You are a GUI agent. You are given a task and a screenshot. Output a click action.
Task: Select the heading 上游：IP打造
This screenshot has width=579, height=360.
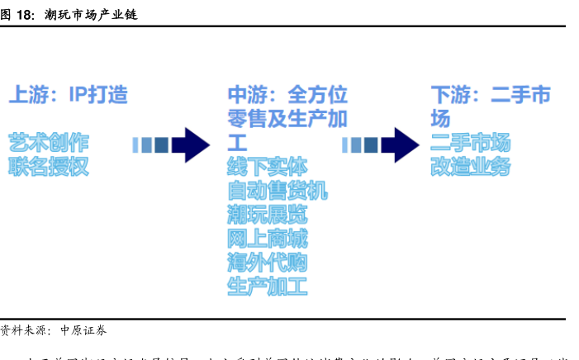[69, 94]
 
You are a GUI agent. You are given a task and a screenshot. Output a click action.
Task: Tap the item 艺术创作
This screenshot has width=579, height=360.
[48, 142]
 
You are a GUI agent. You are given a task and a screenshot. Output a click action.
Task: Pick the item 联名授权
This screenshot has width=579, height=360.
[48, 166]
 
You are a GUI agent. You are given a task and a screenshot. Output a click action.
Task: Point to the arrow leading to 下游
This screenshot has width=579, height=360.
[381, 144]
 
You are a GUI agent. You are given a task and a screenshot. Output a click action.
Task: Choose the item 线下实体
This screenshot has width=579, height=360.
[267, 166]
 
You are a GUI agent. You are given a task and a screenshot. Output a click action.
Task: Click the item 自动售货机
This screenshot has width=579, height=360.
[278, 190]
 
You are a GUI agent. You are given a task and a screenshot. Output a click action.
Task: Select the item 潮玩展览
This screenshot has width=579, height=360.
[267, 215]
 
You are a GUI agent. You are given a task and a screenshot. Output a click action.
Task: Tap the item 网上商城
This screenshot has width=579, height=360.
[267, 239]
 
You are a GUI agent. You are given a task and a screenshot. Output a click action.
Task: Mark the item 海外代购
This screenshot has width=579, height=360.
[267, 263]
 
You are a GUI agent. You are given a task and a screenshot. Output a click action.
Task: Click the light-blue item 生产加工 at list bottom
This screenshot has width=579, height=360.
[267, 287]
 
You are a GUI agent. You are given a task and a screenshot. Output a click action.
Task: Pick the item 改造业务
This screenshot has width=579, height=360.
[470, 166]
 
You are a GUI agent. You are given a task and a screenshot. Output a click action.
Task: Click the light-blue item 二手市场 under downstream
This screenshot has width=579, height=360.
[470, 142]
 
